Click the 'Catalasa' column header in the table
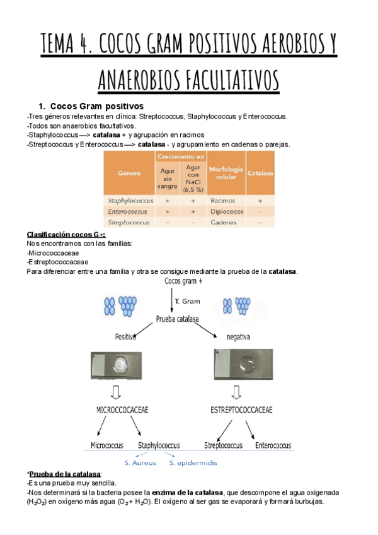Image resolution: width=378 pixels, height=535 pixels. click(260, 172)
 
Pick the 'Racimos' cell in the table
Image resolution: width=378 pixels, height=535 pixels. click(221, 200)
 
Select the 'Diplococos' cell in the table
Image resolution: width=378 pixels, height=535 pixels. click(225, 211)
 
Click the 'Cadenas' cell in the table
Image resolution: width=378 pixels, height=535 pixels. click(222, 223)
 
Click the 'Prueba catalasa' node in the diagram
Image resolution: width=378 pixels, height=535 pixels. click(177, 320)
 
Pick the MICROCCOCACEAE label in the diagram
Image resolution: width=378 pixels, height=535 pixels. click(122, 410)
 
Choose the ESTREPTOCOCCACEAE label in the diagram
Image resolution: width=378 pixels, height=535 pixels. click(241, 410)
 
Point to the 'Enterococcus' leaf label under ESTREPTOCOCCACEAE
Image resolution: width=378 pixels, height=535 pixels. click(273, 445)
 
